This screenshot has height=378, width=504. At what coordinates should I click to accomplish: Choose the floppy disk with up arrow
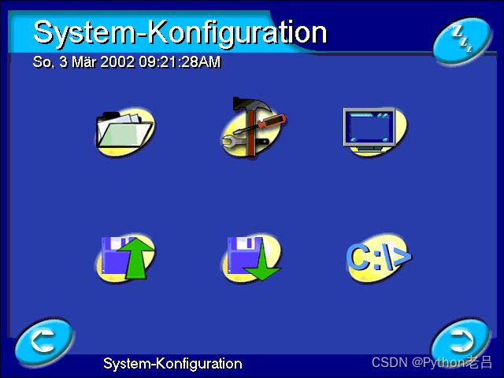(x=125, y=257)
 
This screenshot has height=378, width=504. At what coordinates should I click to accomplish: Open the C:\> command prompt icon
(x=377, y=257)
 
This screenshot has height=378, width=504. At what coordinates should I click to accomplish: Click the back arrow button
(x=44, y=341)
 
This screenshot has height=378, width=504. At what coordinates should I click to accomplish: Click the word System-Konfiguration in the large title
(x=180, y=32)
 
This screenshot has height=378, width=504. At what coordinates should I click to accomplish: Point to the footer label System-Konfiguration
(x=172, y=364)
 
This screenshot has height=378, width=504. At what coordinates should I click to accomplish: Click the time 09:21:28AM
(x=180, y=61)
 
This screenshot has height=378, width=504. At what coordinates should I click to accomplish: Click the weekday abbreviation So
(x=42, y=61)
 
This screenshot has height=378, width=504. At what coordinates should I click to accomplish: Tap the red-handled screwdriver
(x=270, y=121)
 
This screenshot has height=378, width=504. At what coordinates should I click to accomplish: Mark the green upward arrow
(x=137, y=256)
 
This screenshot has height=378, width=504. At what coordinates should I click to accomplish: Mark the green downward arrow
(x=262, y=264)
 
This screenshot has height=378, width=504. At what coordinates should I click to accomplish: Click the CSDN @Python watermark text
(x=432, y=362)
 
